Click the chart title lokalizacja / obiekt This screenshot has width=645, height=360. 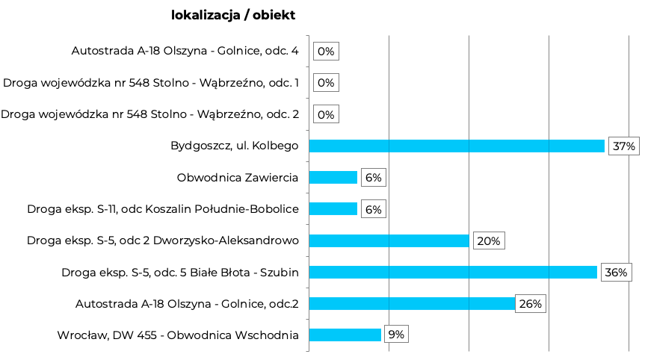(232, 15)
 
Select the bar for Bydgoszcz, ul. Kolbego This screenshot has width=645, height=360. (456, 146)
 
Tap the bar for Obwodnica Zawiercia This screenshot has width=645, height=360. (333, 177)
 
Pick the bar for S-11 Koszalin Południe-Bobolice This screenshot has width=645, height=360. (333, 209)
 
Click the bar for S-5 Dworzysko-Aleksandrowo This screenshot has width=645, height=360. (389, 240)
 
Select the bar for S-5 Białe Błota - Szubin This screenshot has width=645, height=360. (453, 272)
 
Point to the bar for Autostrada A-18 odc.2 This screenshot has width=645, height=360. (412, 303)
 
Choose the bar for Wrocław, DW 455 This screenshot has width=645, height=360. (345, 335)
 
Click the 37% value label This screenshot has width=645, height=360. (623, 146)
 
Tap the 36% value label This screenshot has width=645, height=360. (616, 273)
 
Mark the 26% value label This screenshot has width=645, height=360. (530, 304)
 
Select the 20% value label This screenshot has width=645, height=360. (488, 241)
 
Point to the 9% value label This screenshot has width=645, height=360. (396, 335)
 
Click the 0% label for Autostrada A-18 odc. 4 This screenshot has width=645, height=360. (326, 52)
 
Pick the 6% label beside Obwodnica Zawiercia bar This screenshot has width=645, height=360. (373, 178)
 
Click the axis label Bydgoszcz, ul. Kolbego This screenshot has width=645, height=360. (235, 146)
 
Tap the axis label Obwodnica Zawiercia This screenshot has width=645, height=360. (238, 178)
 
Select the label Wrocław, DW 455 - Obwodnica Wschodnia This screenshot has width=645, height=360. (178, 335)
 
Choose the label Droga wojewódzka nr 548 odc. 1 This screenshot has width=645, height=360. (151, 83)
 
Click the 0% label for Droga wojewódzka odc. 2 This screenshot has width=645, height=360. (326, 114)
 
